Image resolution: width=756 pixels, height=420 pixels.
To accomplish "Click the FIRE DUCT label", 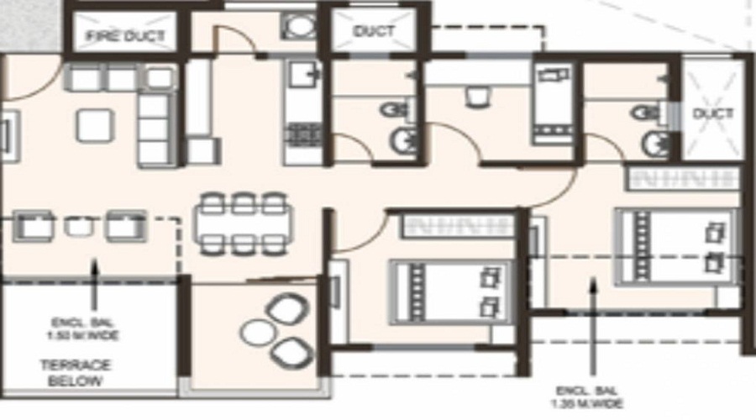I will (x=126, y=36).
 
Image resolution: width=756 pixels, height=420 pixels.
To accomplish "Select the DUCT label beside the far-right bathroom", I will (x=712, y=113).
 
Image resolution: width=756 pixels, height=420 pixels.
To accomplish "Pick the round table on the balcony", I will (x=257, y=332).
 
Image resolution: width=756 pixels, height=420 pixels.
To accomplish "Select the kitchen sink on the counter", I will (x=301, y=77).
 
